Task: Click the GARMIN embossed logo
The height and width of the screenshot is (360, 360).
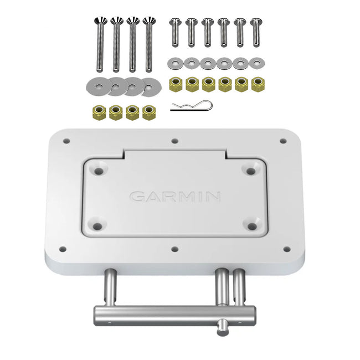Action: pos(175,197)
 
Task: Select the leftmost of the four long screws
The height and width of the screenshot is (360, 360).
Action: pos(100,44)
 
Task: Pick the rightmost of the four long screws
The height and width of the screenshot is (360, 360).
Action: pos(148,44)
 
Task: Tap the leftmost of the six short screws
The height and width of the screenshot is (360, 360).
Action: pos(175,32)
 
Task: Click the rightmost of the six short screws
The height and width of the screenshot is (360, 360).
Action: pos(255,32)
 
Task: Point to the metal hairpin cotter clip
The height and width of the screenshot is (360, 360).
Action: pos(191,105)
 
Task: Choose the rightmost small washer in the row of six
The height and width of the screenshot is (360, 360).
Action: pos(256,63)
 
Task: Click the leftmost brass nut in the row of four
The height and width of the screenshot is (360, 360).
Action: pos(100,112)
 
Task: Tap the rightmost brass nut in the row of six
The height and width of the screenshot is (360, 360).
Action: pos(258,84)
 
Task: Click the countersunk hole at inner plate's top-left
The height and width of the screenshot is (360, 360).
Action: pos(99,171)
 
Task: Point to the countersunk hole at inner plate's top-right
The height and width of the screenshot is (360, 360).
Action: pos(251,171)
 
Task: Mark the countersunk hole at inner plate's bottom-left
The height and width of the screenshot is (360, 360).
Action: pos(98,226)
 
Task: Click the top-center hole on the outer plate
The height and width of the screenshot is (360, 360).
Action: pos(175,141)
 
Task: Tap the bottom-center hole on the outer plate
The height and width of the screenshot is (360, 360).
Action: pos(174,250)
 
